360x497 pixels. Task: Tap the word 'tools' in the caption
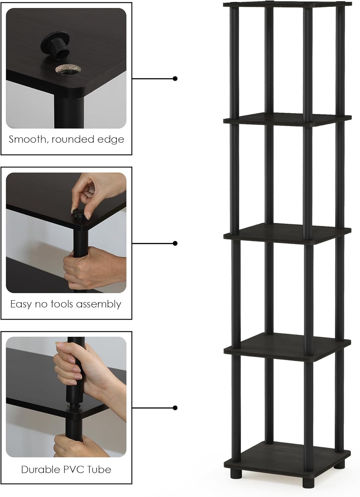pos(62,304)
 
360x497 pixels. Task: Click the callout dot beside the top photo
pos(175,79)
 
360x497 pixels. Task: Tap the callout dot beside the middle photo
pos(175,244)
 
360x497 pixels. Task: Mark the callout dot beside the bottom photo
pos(175,408)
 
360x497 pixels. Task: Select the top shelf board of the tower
pos(288,5)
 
